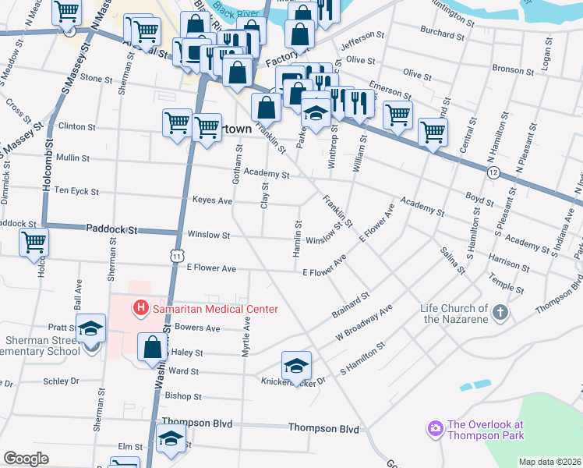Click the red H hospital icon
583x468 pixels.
pos(140,309)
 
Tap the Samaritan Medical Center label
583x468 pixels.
pos(214,310)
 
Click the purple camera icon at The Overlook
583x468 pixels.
pos(434,428)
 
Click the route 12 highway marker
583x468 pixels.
pos(493,172)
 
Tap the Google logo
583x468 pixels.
pos(26,459)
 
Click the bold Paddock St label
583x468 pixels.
pos(111,231)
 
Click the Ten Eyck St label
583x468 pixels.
pos(76,191)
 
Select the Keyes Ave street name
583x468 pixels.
pos(213,200)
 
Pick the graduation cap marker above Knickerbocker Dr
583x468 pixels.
pos(296,364)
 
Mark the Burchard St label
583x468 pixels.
pos(441,35)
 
